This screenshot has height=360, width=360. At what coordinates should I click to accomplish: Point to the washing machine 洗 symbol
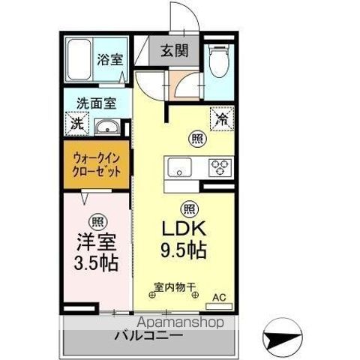[76, 124]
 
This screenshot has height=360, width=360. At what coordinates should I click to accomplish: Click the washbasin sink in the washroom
[110, 126]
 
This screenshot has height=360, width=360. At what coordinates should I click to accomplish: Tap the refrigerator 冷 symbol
[222, 118]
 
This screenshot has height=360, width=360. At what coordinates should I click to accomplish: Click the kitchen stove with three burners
[221, 166]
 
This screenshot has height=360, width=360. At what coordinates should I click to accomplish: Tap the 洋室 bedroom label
[95, 244]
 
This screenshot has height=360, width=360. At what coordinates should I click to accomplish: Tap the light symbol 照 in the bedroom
[96, 221]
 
